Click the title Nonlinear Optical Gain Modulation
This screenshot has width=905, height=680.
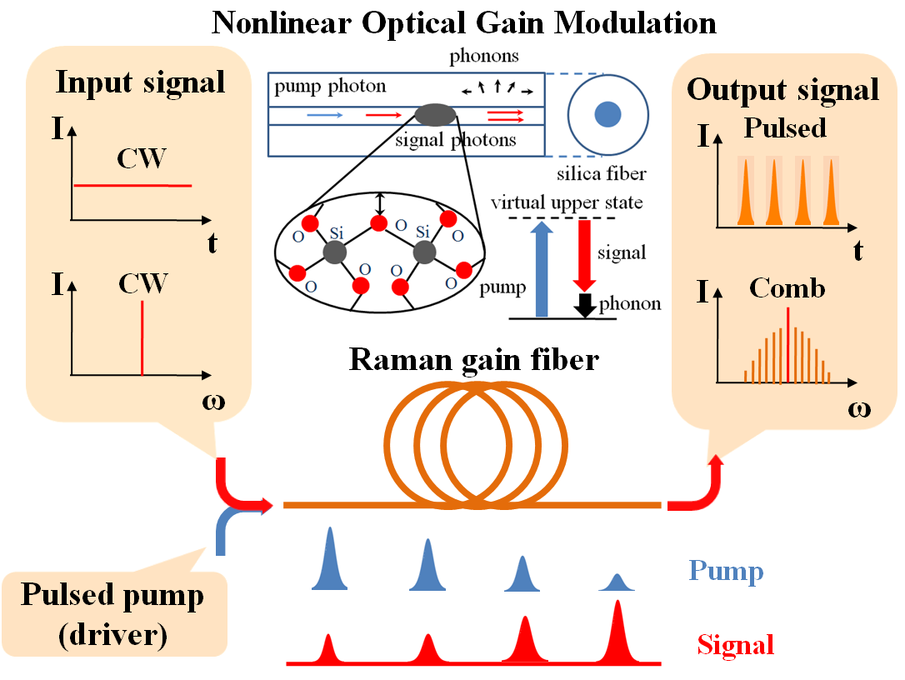point(464,22)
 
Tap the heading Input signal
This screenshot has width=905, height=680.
point(140,82)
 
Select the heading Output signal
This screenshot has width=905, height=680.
point(782,89)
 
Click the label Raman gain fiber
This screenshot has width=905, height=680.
point(473,359)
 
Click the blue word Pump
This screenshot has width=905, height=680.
point(726,572)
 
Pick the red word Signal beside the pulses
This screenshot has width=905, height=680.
point(736,644)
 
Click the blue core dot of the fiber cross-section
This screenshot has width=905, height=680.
point(608,112)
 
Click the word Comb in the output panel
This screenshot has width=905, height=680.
point(787,288)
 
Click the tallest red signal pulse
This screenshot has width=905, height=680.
point(617,633)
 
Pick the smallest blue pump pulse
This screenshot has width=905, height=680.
point(617,582)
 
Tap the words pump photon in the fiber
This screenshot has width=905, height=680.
point(330,87)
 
